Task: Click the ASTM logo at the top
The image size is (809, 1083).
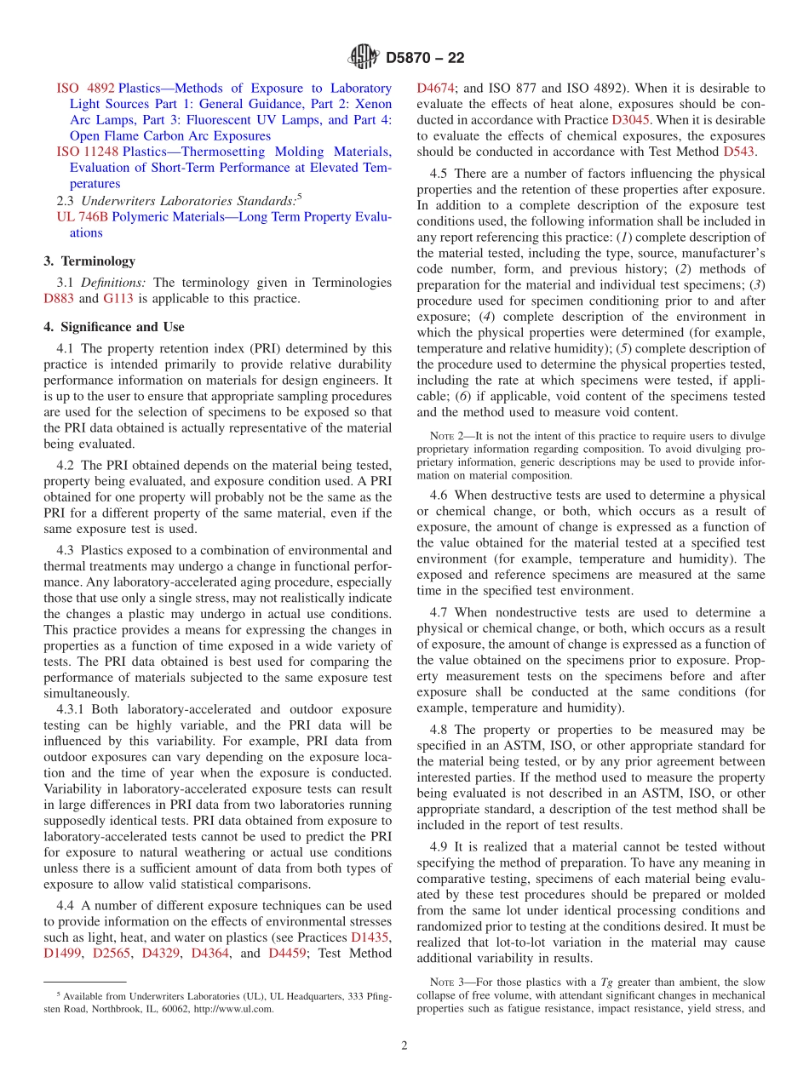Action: (x=364, y=58)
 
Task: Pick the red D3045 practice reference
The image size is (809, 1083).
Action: (x=630, y=120)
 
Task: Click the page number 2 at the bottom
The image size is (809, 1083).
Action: (x=404, y=1046)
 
